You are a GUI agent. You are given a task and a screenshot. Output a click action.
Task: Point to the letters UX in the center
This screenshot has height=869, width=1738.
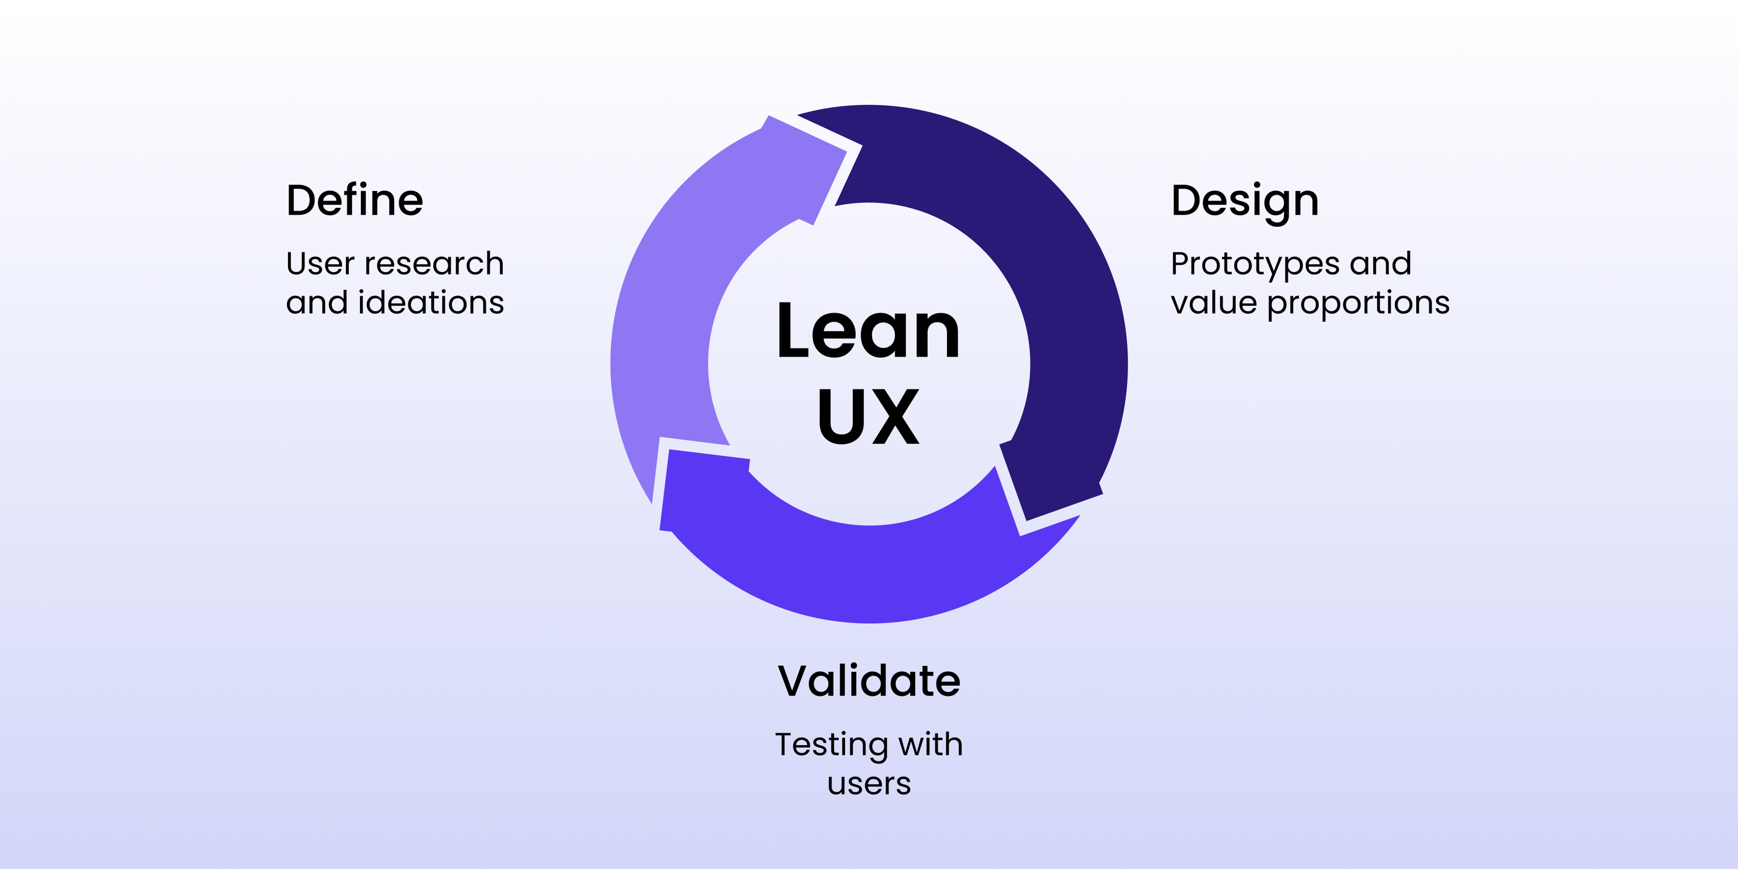tap(869, 416)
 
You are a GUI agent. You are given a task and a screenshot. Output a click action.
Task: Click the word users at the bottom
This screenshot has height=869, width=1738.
tap(869, 784)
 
